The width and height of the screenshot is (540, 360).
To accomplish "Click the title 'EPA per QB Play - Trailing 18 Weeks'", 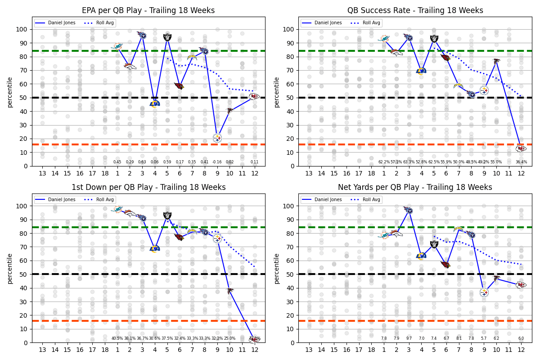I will point(148,10).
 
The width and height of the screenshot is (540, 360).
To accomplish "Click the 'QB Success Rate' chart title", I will point(415,10).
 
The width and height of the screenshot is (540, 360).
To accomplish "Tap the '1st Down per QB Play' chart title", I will point(148,187).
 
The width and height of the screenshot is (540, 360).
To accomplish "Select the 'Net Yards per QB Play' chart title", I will point(415,187).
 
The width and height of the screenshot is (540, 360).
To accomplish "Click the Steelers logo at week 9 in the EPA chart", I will point(217,138).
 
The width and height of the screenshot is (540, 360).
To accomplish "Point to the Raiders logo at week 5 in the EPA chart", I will point(167,37).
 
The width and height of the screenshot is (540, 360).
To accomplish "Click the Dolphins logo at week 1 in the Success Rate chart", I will point(384,39).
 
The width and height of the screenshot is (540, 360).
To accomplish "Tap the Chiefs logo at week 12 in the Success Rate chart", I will point(521,148).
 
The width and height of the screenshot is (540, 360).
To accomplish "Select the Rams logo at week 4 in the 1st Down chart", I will point(155,248).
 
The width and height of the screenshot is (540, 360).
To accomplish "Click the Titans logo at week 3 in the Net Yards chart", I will point(409,210).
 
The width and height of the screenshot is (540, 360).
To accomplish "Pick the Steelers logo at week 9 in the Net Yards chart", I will point(484,292).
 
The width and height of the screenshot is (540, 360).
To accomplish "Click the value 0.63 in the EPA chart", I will point(142,162).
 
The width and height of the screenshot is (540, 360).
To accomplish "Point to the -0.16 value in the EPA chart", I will point(217,162).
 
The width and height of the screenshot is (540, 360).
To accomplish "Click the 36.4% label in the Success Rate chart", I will point(521,162).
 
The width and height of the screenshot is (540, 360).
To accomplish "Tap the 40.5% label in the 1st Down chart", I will point(117,339).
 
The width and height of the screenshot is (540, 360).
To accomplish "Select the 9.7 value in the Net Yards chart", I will point(409,339).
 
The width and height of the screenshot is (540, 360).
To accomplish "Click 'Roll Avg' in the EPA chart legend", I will point(106,23).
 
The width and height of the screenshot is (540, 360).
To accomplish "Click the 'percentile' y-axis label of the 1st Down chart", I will point(9,268).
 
